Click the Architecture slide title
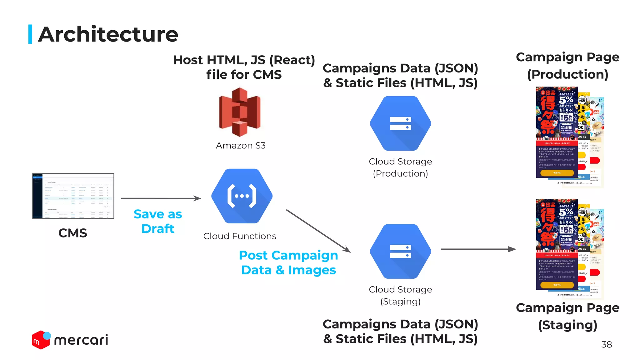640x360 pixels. (108, 34)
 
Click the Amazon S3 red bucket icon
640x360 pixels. (240, 112)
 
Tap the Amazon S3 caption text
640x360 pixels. (241, 146)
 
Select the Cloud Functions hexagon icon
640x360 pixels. (242, 196)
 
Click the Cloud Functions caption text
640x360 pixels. (240, 236)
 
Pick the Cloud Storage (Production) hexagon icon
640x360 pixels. (400, 123)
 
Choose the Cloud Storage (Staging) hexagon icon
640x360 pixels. (400, 251)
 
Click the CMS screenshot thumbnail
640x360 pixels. (73, 196)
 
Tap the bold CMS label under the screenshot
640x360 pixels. (72, 233)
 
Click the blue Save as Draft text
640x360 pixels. (158, 221)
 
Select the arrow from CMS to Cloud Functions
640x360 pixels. (161, 198)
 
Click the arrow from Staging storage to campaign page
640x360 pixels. (478, 249)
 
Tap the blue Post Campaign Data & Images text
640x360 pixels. (288, 262)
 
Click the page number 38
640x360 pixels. (606, 344)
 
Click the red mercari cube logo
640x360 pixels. (40, 340)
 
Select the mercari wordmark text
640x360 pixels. (81, 340)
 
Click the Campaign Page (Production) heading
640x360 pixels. (567, 66)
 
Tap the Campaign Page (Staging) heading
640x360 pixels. (567, 316)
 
